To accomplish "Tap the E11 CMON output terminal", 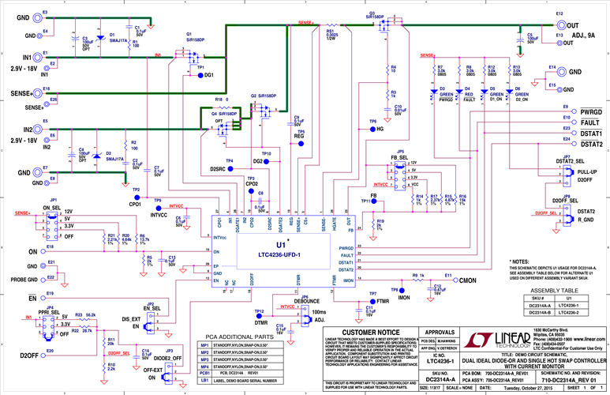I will click(447, 280).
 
